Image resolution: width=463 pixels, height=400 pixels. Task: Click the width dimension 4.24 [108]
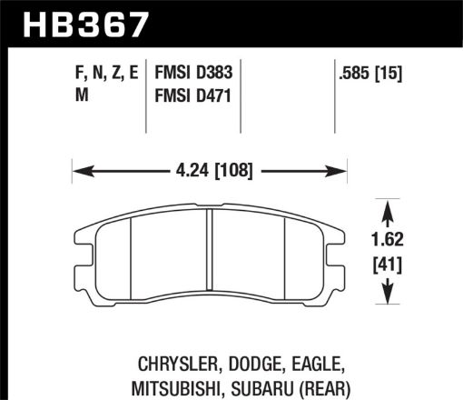(x=211, y=170)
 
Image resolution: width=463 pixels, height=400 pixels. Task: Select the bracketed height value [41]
(x=389, y=266)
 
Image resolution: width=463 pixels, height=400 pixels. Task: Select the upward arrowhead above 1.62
(x=389, y=211)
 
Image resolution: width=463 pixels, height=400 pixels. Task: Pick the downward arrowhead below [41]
(x=389, y=295)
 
